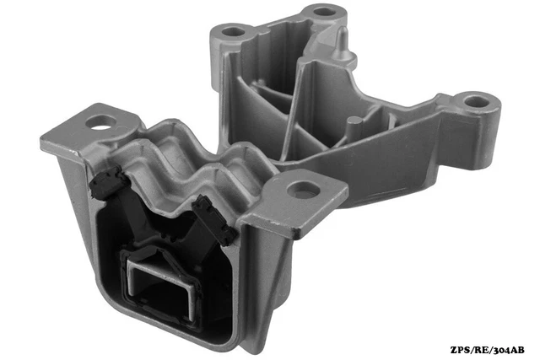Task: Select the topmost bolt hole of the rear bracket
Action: coord(323,13)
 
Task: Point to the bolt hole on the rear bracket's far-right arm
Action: coord(477,101)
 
